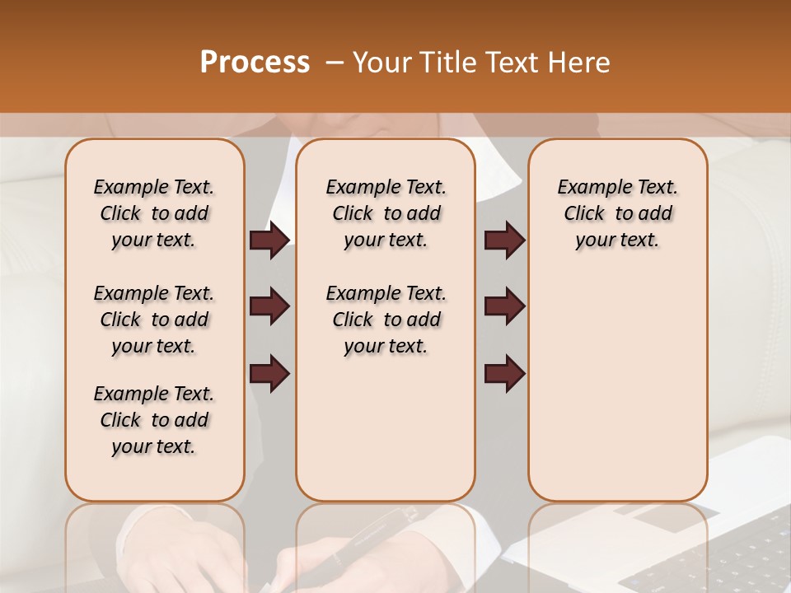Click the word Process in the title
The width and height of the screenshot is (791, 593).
(x=255, y=63)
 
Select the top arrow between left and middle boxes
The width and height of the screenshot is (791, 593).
(x=269, y=240)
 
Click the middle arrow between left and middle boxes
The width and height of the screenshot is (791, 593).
(x=269, y=306)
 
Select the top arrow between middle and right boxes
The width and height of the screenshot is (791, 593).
(x=504, y=240)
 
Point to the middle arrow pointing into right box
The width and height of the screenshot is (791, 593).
(x=504, y=306)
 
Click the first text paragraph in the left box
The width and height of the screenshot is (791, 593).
(x=154, y=213)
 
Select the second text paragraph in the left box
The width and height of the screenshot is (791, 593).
(x=154, y=320)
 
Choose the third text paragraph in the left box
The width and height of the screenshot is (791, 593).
(x=154, y=420)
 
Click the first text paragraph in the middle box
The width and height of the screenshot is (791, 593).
(x=386, y=213)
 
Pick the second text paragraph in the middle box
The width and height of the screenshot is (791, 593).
(x=386, y=320)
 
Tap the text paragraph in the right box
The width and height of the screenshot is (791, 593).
(x=617, y=213)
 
